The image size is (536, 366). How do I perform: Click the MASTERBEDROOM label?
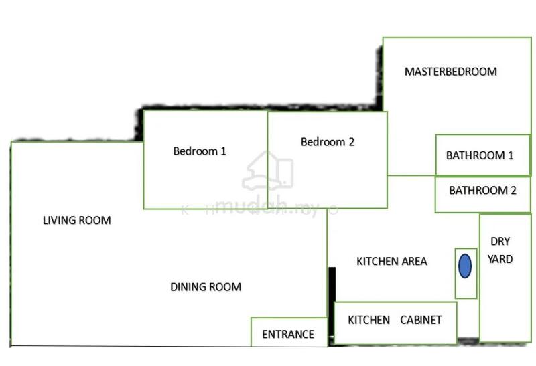click(x=450, y=72)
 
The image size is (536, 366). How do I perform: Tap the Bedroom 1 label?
click(x=200, y=151)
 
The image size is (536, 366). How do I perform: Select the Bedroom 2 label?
click(x=328, y=142)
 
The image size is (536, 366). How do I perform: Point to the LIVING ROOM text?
click(x=77, y=221)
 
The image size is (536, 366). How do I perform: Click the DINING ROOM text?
click(x=206, y=287)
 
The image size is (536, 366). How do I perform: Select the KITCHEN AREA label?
click(x=392, y=261)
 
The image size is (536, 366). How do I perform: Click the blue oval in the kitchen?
click(x=465, y=266)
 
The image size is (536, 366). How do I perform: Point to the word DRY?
click(x=500, y=242)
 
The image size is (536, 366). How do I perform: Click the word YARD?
click(x=500, y=259)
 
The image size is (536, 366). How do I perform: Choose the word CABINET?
click(x=421, y=320)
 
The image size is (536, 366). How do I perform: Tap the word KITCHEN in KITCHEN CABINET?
click(x=369, y=320)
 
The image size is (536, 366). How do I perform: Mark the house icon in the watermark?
click(x=267, y=171)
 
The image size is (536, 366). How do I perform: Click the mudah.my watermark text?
click(x=267, y=206)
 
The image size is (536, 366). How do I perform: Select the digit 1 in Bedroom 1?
click(x=223, y=151)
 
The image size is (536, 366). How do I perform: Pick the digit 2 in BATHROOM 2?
click(x=513, y=190)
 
